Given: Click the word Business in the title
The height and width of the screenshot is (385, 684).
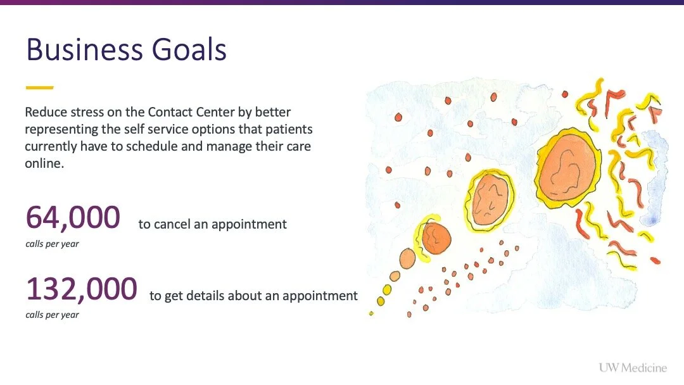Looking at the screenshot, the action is pyautogui.click(x=84, y=49).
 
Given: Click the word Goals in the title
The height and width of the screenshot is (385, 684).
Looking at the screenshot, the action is pyautogui.click(x=189, y=49).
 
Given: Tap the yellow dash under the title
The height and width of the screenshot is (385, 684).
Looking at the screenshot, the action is pyautogui.click(x=39, y=87).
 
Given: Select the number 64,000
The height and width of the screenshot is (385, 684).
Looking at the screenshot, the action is pyautogui.click(x=73, y=218).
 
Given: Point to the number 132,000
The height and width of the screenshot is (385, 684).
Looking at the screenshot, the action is pyautogui.click(x=82, y=289).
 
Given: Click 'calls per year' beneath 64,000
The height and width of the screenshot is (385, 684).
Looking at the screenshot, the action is pyautogui.click(x=52, y=244).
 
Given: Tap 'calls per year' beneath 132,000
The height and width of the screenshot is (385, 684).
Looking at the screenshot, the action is pyautogui.click(x=52, y=315).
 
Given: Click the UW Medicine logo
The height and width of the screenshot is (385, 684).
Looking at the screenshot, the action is pyautogui.click(x=633, y=367).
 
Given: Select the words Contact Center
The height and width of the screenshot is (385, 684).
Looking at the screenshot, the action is pyautogui.click(x=191, y=112).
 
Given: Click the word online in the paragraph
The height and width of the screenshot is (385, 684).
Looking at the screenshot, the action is pyautogui.click(x=44, y=163).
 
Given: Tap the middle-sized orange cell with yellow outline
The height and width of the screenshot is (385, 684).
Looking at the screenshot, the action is pyautogui.click(x=490, y=199).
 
